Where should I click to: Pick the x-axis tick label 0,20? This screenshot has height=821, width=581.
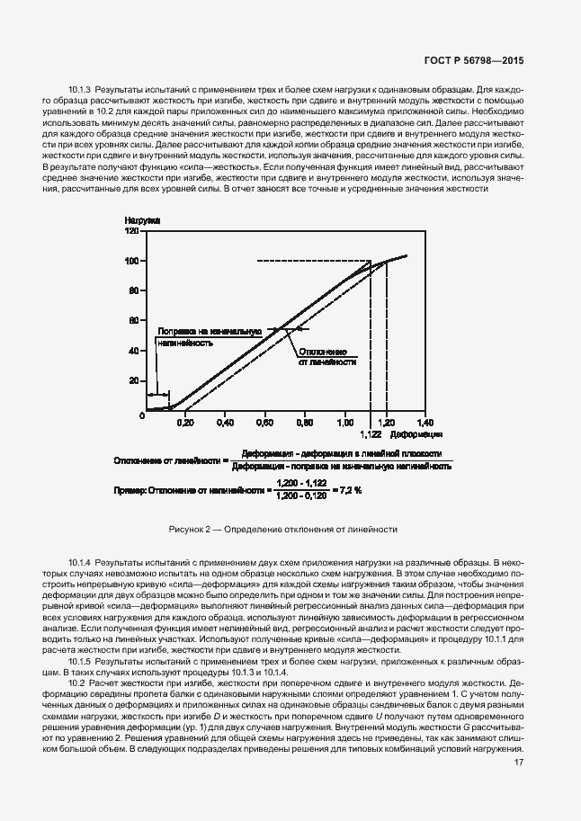[x=184, y=422]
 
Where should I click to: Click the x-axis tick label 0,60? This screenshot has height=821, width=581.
[x=264, y=422]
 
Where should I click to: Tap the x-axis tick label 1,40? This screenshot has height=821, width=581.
[x=425, y=422]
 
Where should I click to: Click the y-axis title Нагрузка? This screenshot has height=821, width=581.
[x=141, y=219]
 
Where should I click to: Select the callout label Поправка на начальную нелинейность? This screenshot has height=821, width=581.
[x=209, y=336]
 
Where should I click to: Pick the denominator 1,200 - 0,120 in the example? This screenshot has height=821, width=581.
[x=301, y=495]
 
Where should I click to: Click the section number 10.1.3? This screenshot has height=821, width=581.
[x=80, y=91]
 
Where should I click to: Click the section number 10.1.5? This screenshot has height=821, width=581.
[x=80, y=661]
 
